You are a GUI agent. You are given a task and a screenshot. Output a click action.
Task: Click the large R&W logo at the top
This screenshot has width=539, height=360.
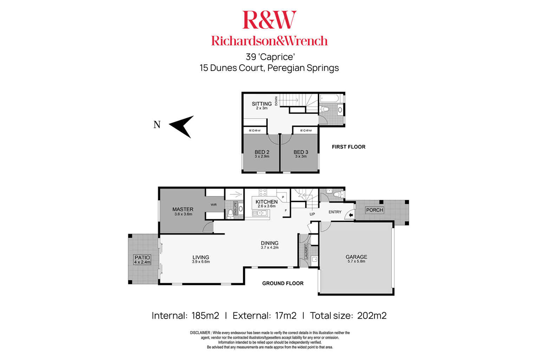click(x=269, y=20)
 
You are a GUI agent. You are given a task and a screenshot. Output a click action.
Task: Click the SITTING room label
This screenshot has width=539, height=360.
click(x=262, y=104)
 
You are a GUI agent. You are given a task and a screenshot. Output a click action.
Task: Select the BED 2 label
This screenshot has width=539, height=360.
click(x=262, y=152)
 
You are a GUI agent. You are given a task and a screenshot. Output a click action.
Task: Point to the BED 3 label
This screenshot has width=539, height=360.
click(x=301, y=152)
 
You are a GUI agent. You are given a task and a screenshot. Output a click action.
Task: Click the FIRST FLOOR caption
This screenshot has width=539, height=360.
click(x=349, y=147)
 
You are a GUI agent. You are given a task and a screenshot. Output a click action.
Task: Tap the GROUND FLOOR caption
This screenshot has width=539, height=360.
click(x=283, y=283)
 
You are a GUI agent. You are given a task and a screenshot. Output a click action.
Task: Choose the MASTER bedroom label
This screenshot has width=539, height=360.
click(x=183, y=209)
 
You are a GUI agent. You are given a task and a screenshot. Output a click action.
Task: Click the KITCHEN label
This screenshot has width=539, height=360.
click(x=266, y=202)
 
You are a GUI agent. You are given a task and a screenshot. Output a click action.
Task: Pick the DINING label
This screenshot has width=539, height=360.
click(x=269, y=243)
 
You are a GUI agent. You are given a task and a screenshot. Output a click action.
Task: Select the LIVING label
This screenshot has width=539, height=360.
click(x=201, y=257)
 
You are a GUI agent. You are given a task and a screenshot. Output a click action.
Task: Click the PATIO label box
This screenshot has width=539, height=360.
click(x=142, y=260)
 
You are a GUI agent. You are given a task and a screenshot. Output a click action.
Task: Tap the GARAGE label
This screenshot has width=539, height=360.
click(x=356, y=257)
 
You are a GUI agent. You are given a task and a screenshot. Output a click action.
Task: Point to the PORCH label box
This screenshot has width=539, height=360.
click(x=375, y=210)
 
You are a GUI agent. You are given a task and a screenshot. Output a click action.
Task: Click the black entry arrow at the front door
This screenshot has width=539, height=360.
click(x=351, y=216)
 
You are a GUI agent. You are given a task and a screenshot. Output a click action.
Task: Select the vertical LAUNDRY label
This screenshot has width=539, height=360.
click(x=306, y=251)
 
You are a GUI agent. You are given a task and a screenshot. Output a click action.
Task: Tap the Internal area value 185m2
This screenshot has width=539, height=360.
click(x=205, y=316)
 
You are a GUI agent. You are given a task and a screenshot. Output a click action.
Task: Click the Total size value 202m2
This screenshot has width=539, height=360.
click(x=372, y=316)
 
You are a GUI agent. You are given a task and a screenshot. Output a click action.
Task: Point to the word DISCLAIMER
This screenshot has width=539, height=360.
click(x=200, y=333)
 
